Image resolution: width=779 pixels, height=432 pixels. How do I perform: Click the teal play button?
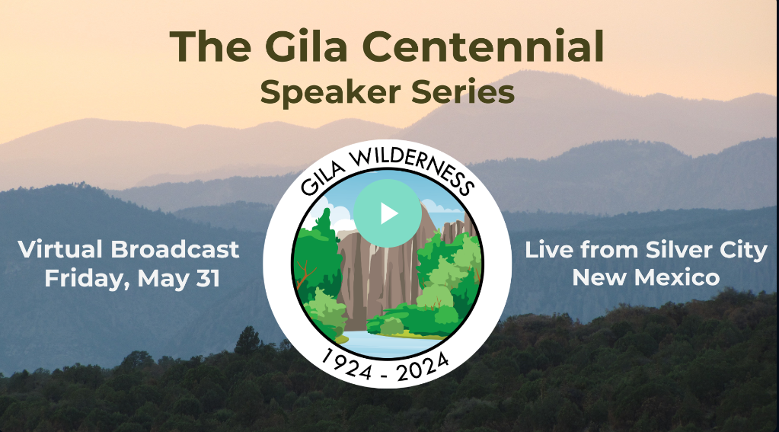pyautogui.click(x=388, y=213)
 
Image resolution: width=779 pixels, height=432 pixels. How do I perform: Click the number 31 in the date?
pyautogui.click(x=208, y=278)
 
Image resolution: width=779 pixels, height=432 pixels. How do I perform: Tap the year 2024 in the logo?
pyautogui.click(x=424, y=366)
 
